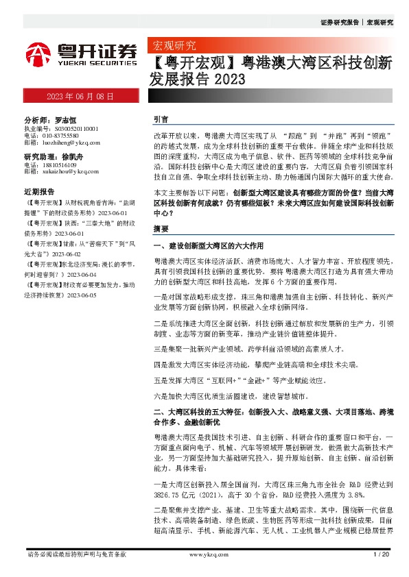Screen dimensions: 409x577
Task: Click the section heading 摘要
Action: (161, 228)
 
